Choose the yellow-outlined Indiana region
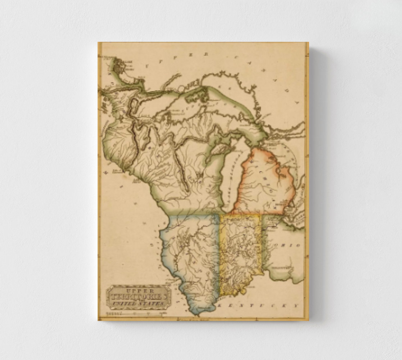[x=240, y=252]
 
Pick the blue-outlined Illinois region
[x=191, y=252]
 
